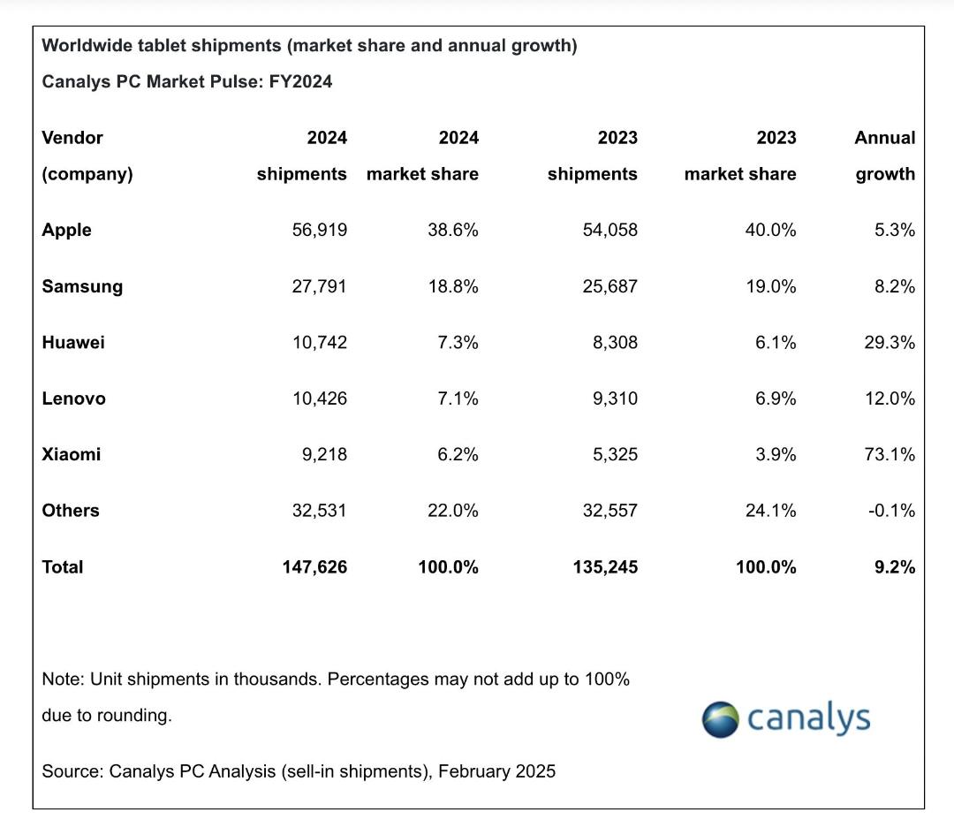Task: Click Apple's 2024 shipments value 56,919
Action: coord(320,230)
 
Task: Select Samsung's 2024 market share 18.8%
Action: coord(453,286)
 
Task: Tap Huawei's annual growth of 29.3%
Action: coord(890,342)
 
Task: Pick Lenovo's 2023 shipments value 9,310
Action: coord(615,399)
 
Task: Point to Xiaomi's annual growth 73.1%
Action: coord(890,455)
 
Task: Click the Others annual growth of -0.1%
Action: coord(891,511)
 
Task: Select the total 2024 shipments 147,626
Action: coord(314,567)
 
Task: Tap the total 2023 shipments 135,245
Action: coord(605,567)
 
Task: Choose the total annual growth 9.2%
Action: coord(895,567)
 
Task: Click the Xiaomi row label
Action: coord(72,455)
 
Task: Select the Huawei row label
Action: coord(73,342)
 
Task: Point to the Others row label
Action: coord(71,511)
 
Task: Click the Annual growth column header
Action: coord(885,156)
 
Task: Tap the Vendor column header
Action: coord(72,138)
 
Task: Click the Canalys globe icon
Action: coord(721,719)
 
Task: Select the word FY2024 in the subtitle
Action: coord(300,81)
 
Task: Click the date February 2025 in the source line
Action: coord(496,771)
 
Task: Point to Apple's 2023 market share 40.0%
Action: coord(770,230)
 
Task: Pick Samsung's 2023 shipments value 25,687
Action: coord(610,286)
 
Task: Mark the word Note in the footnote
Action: coord(61,679)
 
